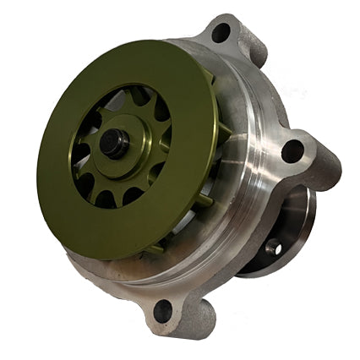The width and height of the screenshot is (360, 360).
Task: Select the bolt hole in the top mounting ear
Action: click(221, 35)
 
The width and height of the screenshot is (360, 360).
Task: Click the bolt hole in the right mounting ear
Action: click(292, 151)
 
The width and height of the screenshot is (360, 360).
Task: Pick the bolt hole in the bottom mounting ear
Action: click(162, 312)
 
